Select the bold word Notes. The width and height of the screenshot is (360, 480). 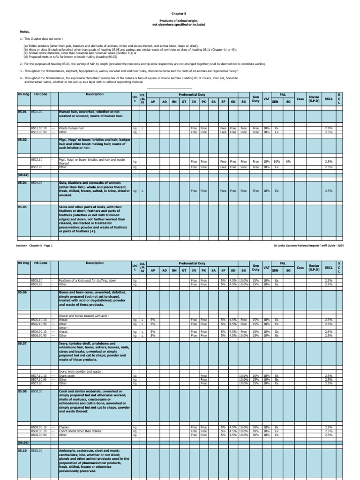tap(24, 32)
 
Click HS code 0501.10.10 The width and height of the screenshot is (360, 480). tap(39, 128)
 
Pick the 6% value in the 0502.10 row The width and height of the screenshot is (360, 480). tap(289, 161)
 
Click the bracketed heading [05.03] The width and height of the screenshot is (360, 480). tap(23, 174)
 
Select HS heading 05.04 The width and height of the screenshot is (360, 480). tap(23, 183)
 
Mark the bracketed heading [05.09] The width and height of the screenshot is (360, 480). tap(23, 442)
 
